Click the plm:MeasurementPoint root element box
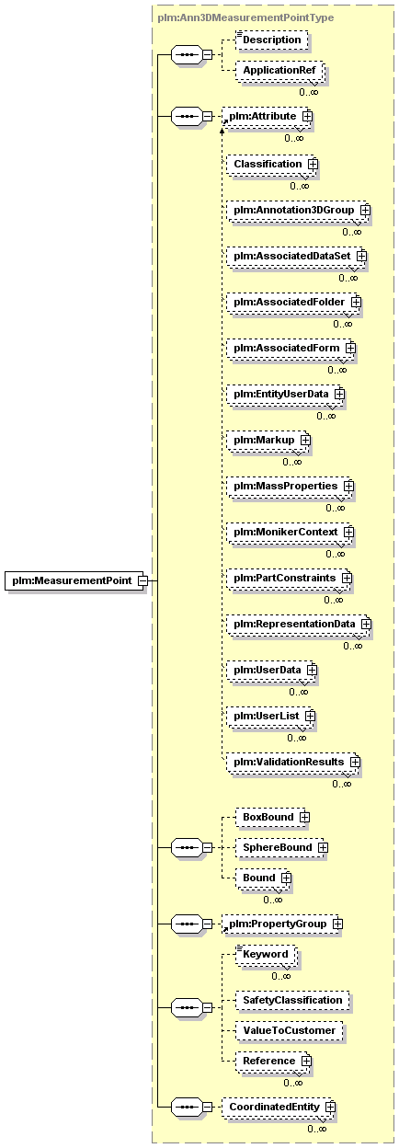74,580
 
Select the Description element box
271,40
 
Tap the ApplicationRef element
279,70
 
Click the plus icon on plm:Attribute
307,116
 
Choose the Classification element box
270,164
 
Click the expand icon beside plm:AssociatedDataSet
361,256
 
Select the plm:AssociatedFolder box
292,302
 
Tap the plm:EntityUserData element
284,394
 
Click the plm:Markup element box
267,441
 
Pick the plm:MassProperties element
289,486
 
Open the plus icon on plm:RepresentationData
366,625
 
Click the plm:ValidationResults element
291,762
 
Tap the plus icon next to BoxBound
304,818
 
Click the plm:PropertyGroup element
280,924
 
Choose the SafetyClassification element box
292,1001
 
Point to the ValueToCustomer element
289,1030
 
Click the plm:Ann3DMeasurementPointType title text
245,17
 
